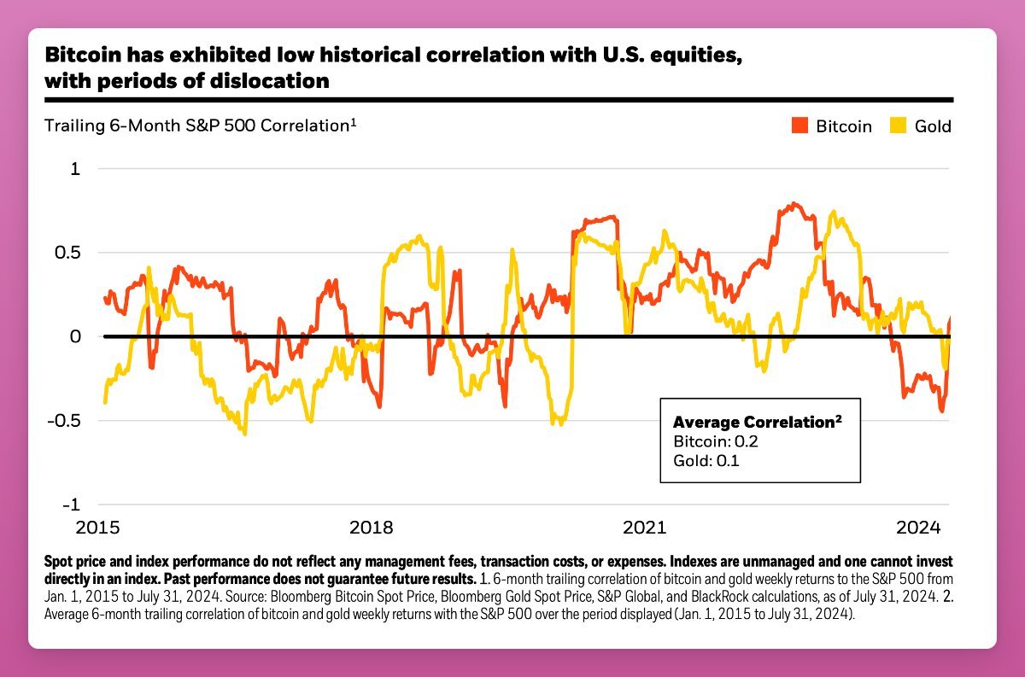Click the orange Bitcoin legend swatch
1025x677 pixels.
[x=799, y=126]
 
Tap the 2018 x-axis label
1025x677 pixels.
[x=372, y=527]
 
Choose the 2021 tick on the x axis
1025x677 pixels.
[x=644, y=527]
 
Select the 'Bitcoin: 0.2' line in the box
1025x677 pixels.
[x=716, y=442]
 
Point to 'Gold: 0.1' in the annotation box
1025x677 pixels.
[x=706, y=462]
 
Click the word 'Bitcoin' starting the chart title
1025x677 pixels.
[x=79, y=56]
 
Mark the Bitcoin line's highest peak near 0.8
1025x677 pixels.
[x=794, y=203]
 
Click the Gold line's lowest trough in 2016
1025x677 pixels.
[x=244, y=434]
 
